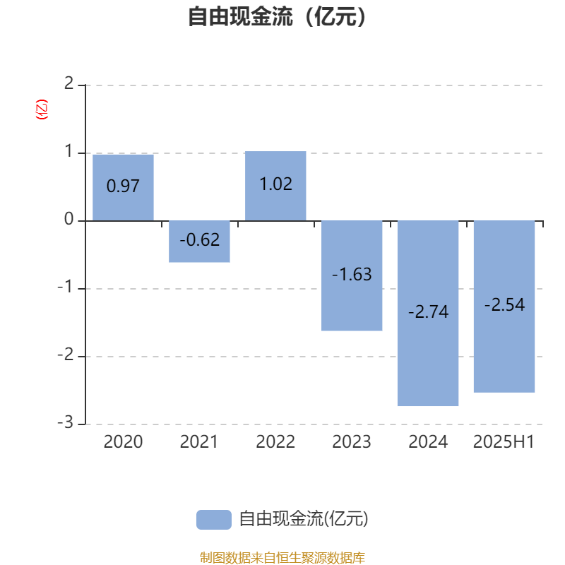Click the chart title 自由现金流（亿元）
(x=277, y=16)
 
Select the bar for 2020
(x=123, y=187)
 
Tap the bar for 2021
(x=199, y=242)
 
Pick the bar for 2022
(x=275, y=186)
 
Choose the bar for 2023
(x=352, y=275)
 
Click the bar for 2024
(x=428, y=313)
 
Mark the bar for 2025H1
(x=504, y=307)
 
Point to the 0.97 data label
(x=123, y=186)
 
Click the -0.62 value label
(x=200, y=240)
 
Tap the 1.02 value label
(x=276, y=184)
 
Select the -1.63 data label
(x=352, y=275)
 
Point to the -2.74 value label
(x=428, y=312)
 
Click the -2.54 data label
(x=504, y=305)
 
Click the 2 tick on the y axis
(x=69, y=83)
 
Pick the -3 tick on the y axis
(x=66, y=422)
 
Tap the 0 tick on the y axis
(x=69, y=219)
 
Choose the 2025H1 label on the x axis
(x=504, y=442)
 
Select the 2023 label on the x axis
(x=352, y=442)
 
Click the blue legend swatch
(x=214, y=520)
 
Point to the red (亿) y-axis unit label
(x=42, y=109)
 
